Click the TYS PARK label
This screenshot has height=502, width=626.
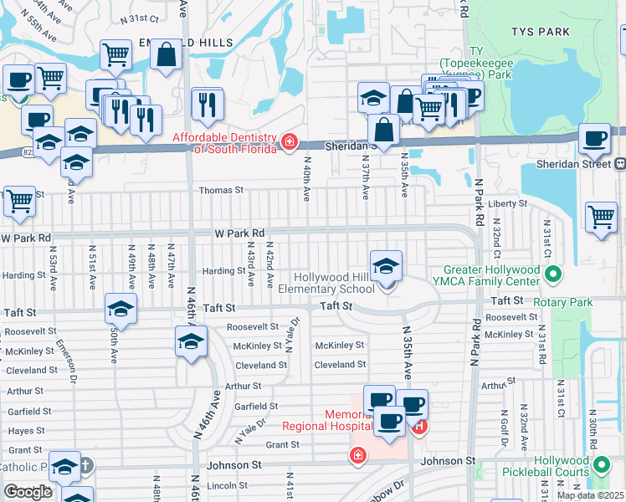click(x=541, y=33)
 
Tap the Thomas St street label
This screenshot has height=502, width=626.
click(x=220, y=190)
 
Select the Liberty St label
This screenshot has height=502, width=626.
click(x=509, y=203)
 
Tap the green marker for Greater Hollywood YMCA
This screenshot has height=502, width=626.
click(x=552, y=274)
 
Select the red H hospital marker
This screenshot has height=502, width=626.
click(x=419, y=428)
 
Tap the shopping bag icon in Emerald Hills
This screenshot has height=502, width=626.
click(x=166, y=55)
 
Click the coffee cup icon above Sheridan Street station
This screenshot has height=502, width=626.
click(x=595, y=139)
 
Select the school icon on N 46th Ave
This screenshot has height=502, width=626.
click(x=191, y=342)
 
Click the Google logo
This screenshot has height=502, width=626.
click(x=28, y=492)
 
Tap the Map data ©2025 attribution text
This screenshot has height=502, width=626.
click(x=589, y=495)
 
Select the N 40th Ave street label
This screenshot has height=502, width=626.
click(x=307, y=178)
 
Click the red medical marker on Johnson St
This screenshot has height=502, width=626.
click(x=357, y=455)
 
